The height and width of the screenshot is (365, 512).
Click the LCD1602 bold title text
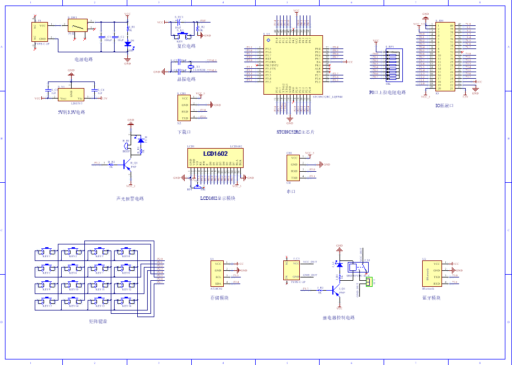215,154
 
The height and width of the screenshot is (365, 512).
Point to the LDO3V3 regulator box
71,95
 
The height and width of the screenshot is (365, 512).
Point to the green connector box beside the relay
369,281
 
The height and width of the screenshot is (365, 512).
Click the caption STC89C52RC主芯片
295,133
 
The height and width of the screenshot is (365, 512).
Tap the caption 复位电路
186,46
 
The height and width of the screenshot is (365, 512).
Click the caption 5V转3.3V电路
72,112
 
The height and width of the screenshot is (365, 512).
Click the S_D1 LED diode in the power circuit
128,43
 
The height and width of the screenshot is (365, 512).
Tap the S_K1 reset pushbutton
182,36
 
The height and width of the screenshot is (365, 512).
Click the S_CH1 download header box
185,107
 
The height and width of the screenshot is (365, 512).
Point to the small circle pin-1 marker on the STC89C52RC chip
268,41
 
